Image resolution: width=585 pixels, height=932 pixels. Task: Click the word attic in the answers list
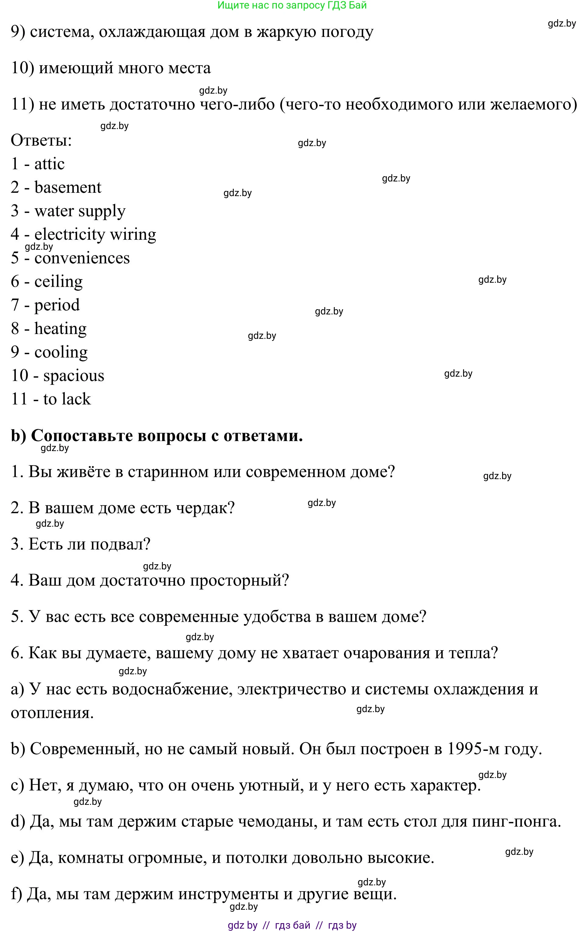click(49, 164)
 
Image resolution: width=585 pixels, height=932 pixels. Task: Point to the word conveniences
click(82, 258)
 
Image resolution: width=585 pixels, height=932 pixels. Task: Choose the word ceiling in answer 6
click(59, 282)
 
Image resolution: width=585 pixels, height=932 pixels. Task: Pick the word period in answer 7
click(57, 305)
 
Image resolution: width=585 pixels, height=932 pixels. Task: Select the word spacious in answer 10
click(73, 376)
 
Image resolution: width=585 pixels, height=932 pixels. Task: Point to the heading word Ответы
click(41, 140)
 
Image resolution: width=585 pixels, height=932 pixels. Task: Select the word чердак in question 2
click(205, 508)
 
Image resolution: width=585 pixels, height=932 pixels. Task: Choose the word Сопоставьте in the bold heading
click(82, 436)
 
